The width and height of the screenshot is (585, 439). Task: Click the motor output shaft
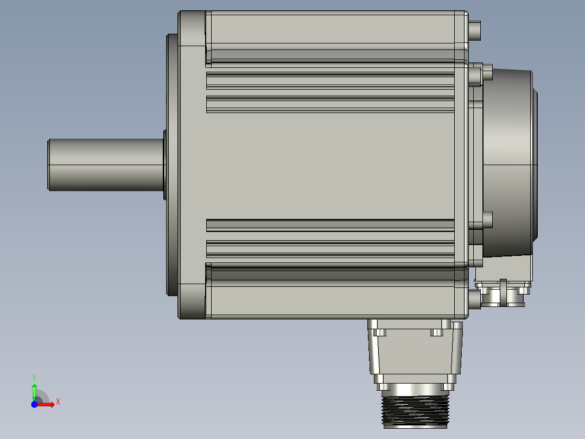click(106, 165)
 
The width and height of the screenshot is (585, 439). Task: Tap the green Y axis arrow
click(34, 390)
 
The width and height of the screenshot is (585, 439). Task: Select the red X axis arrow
click(47, 404)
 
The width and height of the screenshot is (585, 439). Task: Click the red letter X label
click(58, 402)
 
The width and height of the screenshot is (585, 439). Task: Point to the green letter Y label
click(34, 377)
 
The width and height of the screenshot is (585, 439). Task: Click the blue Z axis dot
click(34, 405)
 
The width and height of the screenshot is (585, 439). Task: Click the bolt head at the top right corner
click(475, 30)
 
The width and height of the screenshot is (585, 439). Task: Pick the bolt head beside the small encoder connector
click(474, 298)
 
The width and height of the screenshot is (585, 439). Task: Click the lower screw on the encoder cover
click(486, 220)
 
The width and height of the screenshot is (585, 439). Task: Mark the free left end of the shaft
click(49, 165)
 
